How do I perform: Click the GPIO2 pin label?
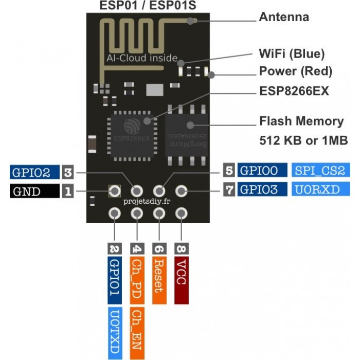[34, 172]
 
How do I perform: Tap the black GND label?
[34, 191]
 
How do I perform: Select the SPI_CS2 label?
[321, 170]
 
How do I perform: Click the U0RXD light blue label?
[321, 189]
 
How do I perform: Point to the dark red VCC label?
[182, 280]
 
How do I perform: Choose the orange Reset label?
[159, 280]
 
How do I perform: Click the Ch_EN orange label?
[137, 333]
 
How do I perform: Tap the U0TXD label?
[115, 333]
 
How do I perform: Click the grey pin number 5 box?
[229, 170]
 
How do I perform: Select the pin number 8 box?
[182, 248]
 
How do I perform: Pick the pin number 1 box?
[68, 191]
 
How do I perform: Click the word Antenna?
[284, 17]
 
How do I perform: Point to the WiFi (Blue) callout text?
[292, 53]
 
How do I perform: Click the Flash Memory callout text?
[301, 121]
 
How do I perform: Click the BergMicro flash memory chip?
[186, 135]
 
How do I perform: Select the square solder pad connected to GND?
[115, 191]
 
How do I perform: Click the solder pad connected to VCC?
[182, 213]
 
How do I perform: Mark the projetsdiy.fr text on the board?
[147, 202]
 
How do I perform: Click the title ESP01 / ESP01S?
[148, 6]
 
